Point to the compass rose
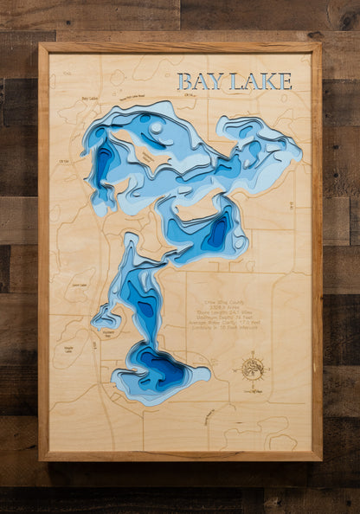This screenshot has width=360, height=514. [253, 367]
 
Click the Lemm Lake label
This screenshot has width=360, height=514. [80, 285]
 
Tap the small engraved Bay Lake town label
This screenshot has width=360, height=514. [89, 99]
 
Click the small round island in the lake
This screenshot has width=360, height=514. [156, 127]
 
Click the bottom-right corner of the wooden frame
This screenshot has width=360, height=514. [320, 459]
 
